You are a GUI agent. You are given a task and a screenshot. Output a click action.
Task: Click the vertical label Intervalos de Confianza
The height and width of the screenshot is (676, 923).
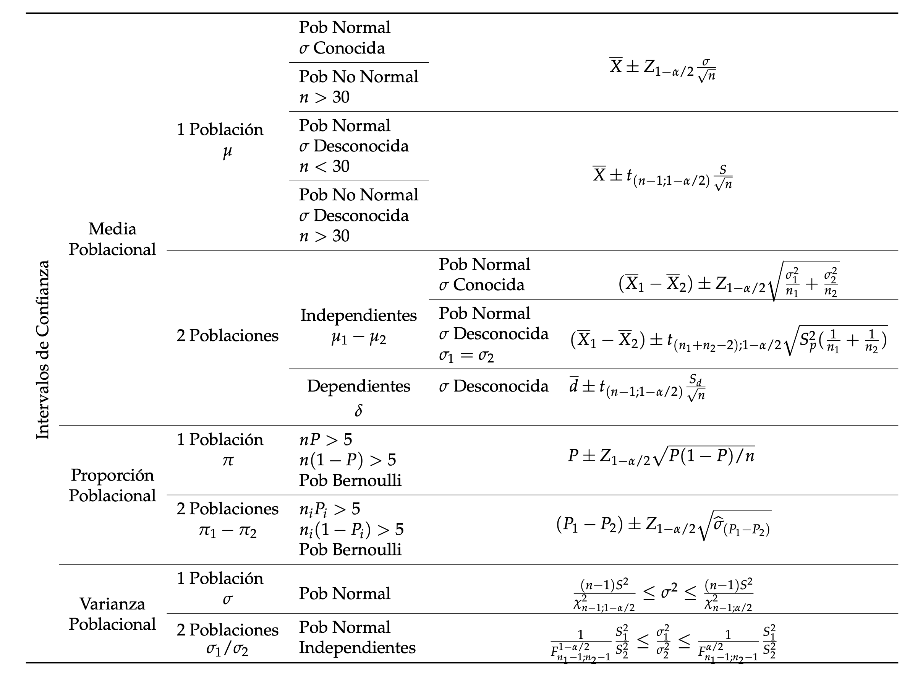43,350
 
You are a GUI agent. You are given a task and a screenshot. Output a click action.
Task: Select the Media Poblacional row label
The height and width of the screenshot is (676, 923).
112,239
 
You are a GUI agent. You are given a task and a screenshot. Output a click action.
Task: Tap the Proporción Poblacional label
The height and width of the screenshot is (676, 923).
112,485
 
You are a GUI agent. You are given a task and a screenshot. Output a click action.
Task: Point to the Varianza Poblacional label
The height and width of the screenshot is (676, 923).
112,614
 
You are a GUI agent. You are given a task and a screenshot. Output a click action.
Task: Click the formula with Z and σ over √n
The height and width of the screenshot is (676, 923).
662,70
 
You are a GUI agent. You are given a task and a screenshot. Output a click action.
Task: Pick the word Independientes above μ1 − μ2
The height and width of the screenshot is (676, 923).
358,315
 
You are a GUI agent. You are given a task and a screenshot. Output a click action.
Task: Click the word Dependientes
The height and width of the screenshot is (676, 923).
358,386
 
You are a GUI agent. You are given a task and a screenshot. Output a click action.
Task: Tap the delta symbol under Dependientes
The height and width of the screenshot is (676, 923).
358,410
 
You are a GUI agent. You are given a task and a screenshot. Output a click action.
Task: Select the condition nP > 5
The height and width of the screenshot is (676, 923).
325,440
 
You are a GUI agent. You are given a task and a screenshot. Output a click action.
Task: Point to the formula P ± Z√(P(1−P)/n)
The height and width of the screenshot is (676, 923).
661,456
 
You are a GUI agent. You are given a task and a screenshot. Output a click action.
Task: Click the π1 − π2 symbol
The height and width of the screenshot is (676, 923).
228,531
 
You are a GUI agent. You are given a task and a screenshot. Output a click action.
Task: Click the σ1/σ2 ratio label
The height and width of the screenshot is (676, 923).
227,649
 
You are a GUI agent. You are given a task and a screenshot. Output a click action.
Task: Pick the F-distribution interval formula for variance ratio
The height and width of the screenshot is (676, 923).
663,642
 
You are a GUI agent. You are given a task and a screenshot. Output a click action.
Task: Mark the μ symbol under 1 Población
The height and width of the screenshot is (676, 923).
227,152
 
